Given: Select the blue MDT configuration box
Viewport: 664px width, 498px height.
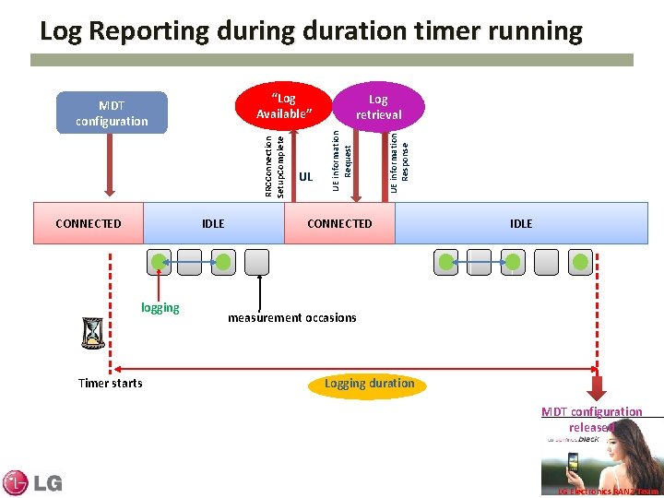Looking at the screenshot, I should pos(112,113).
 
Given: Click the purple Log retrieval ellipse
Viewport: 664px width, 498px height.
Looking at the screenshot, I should pos(379,106).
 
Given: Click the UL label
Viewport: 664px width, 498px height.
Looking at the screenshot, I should pos(306,175).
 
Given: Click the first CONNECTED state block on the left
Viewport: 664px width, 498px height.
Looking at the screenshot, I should pos(89,223).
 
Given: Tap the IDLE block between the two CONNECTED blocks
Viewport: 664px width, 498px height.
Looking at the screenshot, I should pos(213,223).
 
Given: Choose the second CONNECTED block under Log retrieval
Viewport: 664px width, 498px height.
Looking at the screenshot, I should pos(339,223).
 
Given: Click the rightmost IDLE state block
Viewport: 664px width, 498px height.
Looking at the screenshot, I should pos(521,223).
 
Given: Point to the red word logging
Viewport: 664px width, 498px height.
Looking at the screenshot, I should pos(160,307).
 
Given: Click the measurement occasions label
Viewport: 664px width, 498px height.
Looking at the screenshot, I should pos(291,317).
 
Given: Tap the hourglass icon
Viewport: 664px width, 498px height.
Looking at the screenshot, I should pos(92,334).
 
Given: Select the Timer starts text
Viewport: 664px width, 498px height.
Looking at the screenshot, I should pos(110,383).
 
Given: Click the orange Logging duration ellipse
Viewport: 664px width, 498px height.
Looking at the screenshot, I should pos(369,384).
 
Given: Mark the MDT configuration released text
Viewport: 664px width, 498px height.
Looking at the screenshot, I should pos(591,419).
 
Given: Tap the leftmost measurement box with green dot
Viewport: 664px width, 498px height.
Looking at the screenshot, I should pos(160,262).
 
